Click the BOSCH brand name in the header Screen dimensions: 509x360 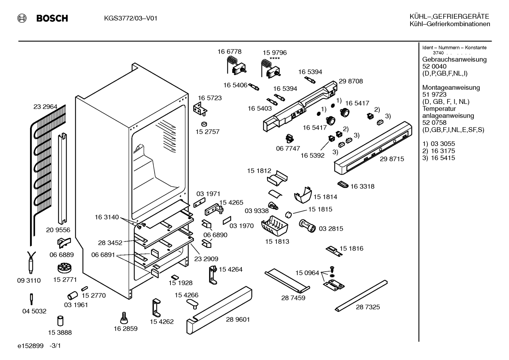click(x=52, y=18)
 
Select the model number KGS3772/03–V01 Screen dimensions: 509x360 click(x=131, y=18)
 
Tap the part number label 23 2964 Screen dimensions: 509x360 click(x=45, y=106)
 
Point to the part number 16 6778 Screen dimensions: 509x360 click(x=229, y=52)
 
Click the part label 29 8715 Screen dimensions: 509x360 click(x=392, y=159)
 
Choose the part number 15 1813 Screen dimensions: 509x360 click(x=277, y=241)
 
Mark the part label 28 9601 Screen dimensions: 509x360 click(x=238, y=319)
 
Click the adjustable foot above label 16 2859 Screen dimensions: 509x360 click(x=124, y=318)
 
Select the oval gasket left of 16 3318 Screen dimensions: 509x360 click(x=343, y=184)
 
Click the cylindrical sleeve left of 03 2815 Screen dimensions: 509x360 click(x=307, y=226)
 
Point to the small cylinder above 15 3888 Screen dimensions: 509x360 click(x=60, y=321)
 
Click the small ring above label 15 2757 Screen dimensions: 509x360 click(x=204, y=124)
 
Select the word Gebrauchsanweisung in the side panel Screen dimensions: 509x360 click(x=455, y=60)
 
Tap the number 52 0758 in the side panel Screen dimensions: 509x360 click(x=434, y=123)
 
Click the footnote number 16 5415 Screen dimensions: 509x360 click(x=443, y=158)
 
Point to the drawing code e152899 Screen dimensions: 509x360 click(x=30, y=346)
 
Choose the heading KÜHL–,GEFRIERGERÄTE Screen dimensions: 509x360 click(x=449, y=17)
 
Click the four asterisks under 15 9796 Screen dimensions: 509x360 click(x=275, y=58)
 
